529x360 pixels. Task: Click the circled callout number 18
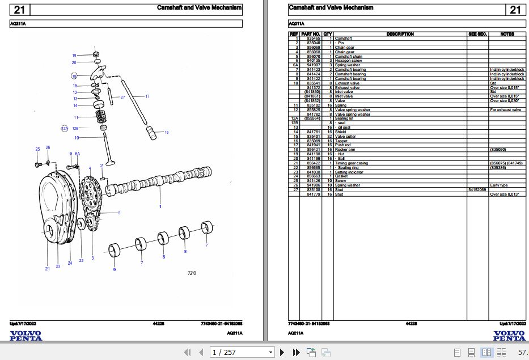(x=74, y=75)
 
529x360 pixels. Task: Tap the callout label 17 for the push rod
(x=147, y=96)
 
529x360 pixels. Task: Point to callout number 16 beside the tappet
(x=167, y=132)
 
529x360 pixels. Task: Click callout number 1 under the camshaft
(x=160, y=206)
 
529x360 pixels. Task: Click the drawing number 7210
(x=192, y=273)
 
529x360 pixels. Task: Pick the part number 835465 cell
(x=313, y=39)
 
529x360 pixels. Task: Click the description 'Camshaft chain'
(x=348, y=57)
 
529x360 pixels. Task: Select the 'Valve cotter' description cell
(x=345, y=137)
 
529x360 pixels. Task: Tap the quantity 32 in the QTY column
(x=329, y=137)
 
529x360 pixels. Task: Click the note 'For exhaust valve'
(x=506, y=110)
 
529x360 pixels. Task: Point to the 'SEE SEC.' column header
(x=477, y=34)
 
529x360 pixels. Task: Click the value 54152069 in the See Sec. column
(x=477, y=190)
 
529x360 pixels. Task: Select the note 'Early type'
(x=499, y=185)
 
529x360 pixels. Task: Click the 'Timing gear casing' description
(x=351, y=163)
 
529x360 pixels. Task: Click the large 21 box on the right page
(x=515, y=10)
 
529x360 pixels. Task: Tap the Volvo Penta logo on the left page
(x=26, y=336)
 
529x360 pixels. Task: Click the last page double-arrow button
(x=296, y=353)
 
